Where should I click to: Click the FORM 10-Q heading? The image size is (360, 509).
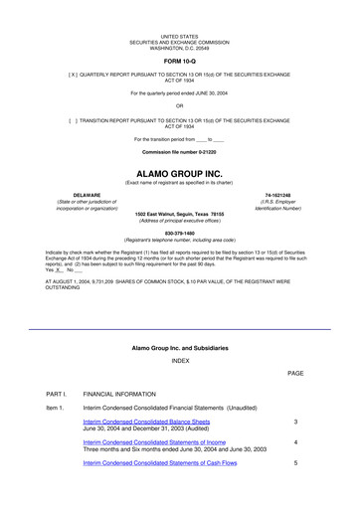[179, 60]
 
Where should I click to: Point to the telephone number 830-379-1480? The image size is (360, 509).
[179, 233]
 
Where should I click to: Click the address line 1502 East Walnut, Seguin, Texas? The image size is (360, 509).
[180, 214]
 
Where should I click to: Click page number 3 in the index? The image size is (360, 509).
[295, 422]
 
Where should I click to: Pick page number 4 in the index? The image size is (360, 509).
[295, 442]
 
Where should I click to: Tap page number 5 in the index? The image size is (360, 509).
[295, 463]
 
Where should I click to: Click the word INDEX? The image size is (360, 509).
[179, 360]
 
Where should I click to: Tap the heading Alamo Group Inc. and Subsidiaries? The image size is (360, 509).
[179, 347]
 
